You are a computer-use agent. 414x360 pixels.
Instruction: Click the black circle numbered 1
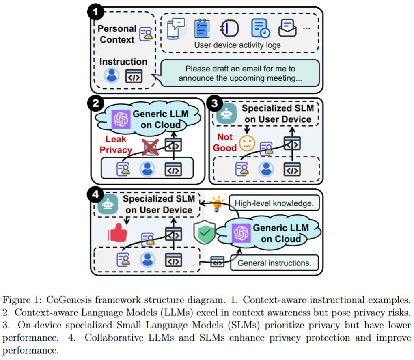pos(96,12)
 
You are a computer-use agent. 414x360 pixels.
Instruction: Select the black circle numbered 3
pos(214,104)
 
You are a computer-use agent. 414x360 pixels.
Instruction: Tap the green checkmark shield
pos(204,233)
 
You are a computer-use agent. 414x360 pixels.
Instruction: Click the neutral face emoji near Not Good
pos(246,142)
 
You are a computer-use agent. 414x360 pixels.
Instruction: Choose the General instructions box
pos(274,263)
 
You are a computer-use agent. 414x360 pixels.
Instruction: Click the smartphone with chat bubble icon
pos(176,29)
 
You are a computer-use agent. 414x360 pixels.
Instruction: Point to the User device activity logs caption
pos(237,45)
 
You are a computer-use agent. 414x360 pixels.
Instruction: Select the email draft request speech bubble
pos(240,73)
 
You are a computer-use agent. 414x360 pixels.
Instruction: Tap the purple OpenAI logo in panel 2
pos(121,119)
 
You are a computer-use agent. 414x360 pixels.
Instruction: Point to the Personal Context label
pos(117,34)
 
